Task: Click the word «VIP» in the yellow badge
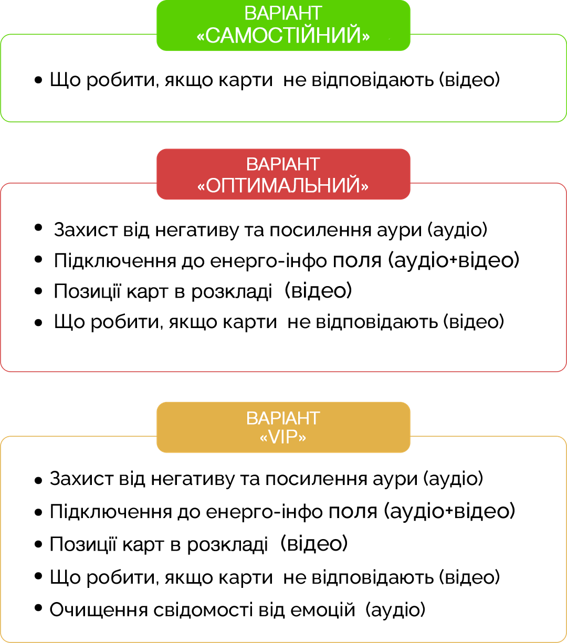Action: coord(283,437)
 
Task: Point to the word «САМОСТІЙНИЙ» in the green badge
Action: coord(283,36)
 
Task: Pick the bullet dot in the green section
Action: coord(38,80)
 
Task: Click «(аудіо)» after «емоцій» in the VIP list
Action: coord(395,610)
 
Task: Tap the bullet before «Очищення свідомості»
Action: coord(38,608)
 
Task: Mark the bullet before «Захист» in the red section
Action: coord(38,228)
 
